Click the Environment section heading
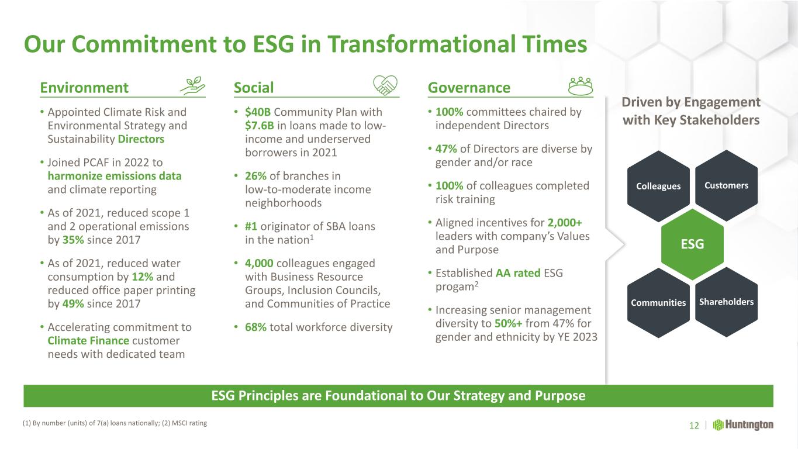pos(84,88)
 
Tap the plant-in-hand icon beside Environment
pos(192,86)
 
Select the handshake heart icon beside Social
pos(385,85)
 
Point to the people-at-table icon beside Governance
pos(581,87)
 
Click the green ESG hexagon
pos(692,244)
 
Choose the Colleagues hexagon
pos(658,186)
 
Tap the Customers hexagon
pos(727,185)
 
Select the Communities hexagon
pos(658,302)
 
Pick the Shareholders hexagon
pos(727,302)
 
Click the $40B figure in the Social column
pos(258,112)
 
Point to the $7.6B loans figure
pos(260,126)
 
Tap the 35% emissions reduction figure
pos(73,240)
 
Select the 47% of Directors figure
pos(446,149)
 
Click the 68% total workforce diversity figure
pos(255,327)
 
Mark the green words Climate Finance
pos(88,341)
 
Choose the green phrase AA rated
pos(518,273)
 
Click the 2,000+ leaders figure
pos(565,223)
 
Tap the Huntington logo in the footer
pos(743,425)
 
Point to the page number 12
pos(694,426)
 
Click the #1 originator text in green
pos(251,227)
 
